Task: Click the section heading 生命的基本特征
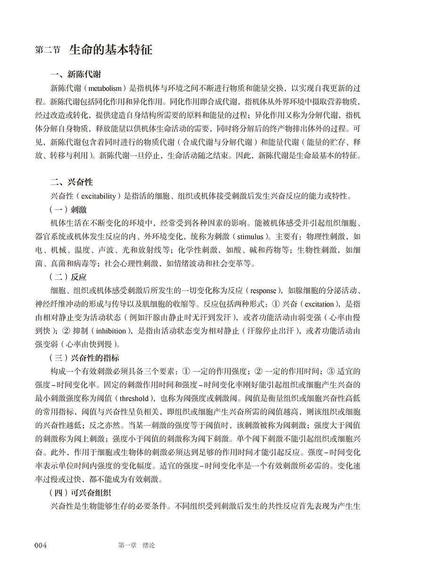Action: tap(111, 49)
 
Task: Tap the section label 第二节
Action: tap(48, 50)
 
